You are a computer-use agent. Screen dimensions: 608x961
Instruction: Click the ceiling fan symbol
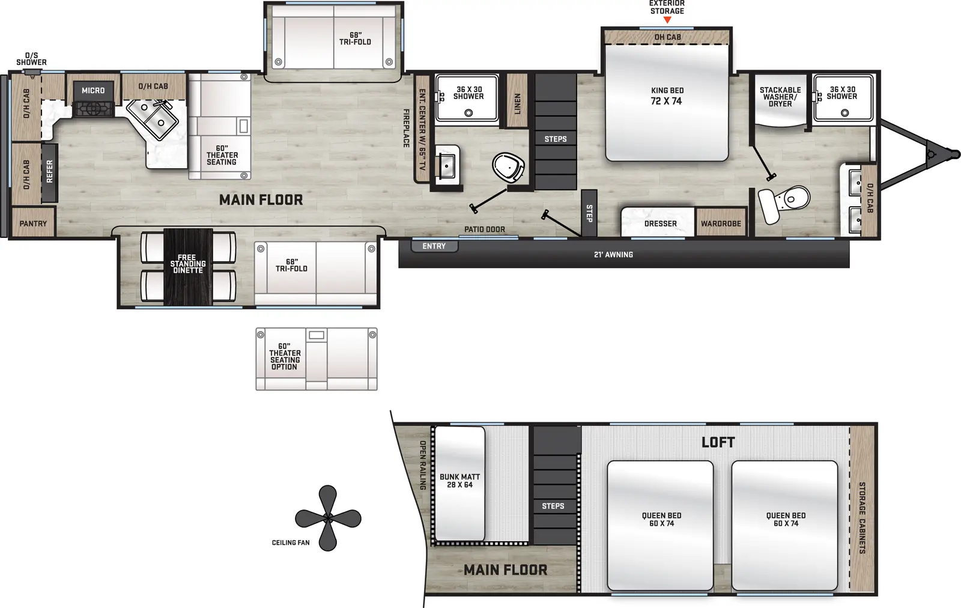pos(328,518)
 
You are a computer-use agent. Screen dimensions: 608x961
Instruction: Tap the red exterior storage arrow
pos(667,20)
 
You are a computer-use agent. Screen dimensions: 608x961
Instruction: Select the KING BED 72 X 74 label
pos(667,96)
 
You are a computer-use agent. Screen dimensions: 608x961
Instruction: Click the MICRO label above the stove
pos(93,91)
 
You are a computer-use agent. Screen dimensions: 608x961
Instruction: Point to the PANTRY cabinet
pos(33,223)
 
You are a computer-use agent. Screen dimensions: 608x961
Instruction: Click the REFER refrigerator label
pos(50,172)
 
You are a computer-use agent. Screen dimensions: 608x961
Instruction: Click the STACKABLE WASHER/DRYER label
pos(780,97)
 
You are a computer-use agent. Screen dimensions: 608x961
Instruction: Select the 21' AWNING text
pos(613,255)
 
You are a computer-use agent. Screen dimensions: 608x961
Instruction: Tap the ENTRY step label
pos(434,246)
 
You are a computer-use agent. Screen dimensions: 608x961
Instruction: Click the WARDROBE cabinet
pos(721,223)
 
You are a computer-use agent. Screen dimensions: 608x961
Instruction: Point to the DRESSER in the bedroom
pos(660,223)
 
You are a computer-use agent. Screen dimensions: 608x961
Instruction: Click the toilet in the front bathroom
pos(787,201)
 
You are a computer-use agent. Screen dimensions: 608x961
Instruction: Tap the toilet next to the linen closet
pos(508,166)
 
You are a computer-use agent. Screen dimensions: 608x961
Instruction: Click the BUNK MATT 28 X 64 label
pos(459,481)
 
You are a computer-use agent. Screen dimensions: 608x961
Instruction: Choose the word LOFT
pos(718,443)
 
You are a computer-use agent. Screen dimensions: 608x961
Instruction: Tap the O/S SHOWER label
pos(31,59)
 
